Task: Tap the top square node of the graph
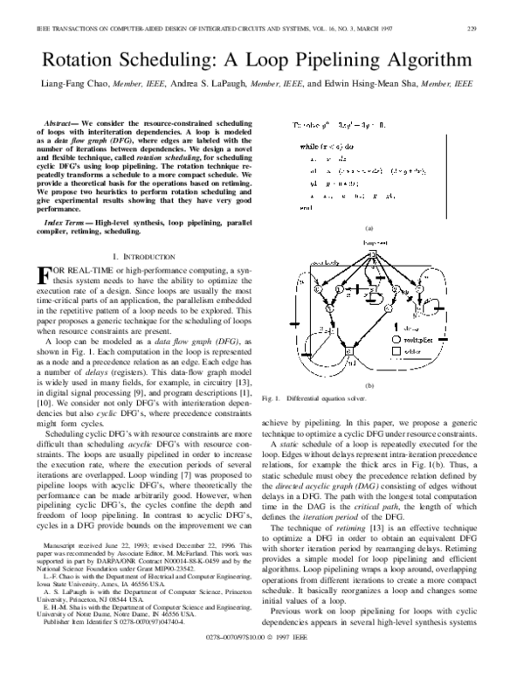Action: (370, 254)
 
